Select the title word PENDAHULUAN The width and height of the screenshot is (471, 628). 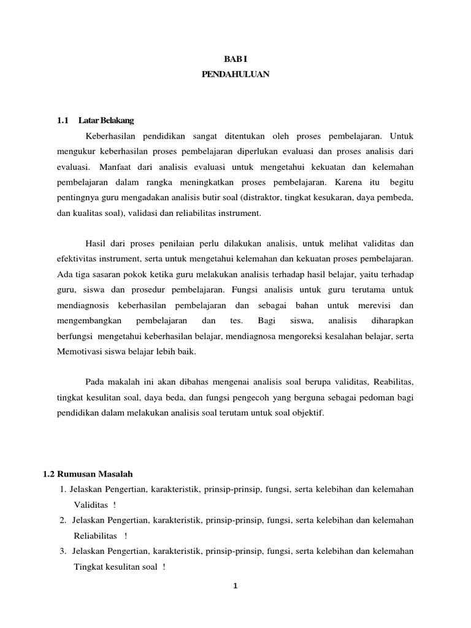click(235, 75)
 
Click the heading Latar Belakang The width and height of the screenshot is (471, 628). click(107, 120)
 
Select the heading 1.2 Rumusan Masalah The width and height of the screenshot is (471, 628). click(88, 474)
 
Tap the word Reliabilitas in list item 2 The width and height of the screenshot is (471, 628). click(95, 535)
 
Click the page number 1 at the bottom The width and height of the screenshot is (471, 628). click(235, 586)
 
